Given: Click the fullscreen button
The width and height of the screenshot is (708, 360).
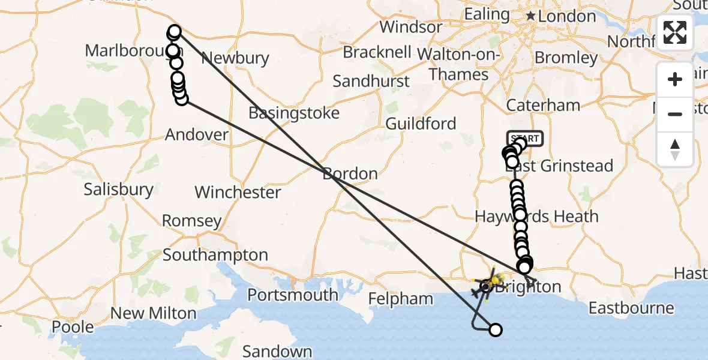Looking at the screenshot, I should coord(675,32).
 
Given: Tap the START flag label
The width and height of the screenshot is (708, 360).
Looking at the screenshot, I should coord(525,139).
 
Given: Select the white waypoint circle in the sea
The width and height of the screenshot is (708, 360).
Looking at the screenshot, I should coord(496,329).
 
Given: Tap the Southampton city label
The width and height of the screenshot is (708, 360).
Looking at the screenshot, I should coord(215,255).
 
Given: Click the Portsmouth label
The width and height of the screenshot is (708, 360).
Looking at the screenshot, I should coord(293,295).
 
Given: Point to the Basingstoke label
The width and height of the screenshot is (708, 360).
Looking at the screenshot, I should coord(294,113).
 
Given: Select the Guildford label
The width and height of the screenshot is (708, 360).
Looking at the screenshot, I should coord(421,124).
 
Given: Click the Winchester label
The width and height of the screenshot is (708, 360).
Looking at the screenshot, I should coord(238,193).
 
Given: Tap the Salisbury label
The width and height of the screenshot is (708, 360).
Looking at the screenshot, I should coord(118,190).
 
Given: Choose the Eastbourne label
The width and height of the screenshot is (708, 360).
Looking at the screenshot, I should coord(631,308).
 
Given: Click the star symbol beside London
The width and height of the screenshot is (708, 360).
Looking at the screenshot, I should coord(530,16).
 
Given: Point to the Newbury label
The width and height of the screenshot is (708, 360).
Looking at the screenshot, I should coord(235,58).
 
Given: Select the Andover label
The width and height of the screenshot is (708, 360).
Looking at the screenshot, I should coord(197,134).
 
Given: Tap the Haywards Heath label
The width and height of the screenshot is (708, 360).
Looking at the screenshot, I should coord(536,217).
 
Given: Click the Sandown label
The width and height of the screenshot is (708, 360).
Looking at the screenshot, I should coord(277,352).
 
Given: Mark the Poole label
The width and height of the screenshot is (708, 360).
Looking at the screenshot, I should coord(73,327).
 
